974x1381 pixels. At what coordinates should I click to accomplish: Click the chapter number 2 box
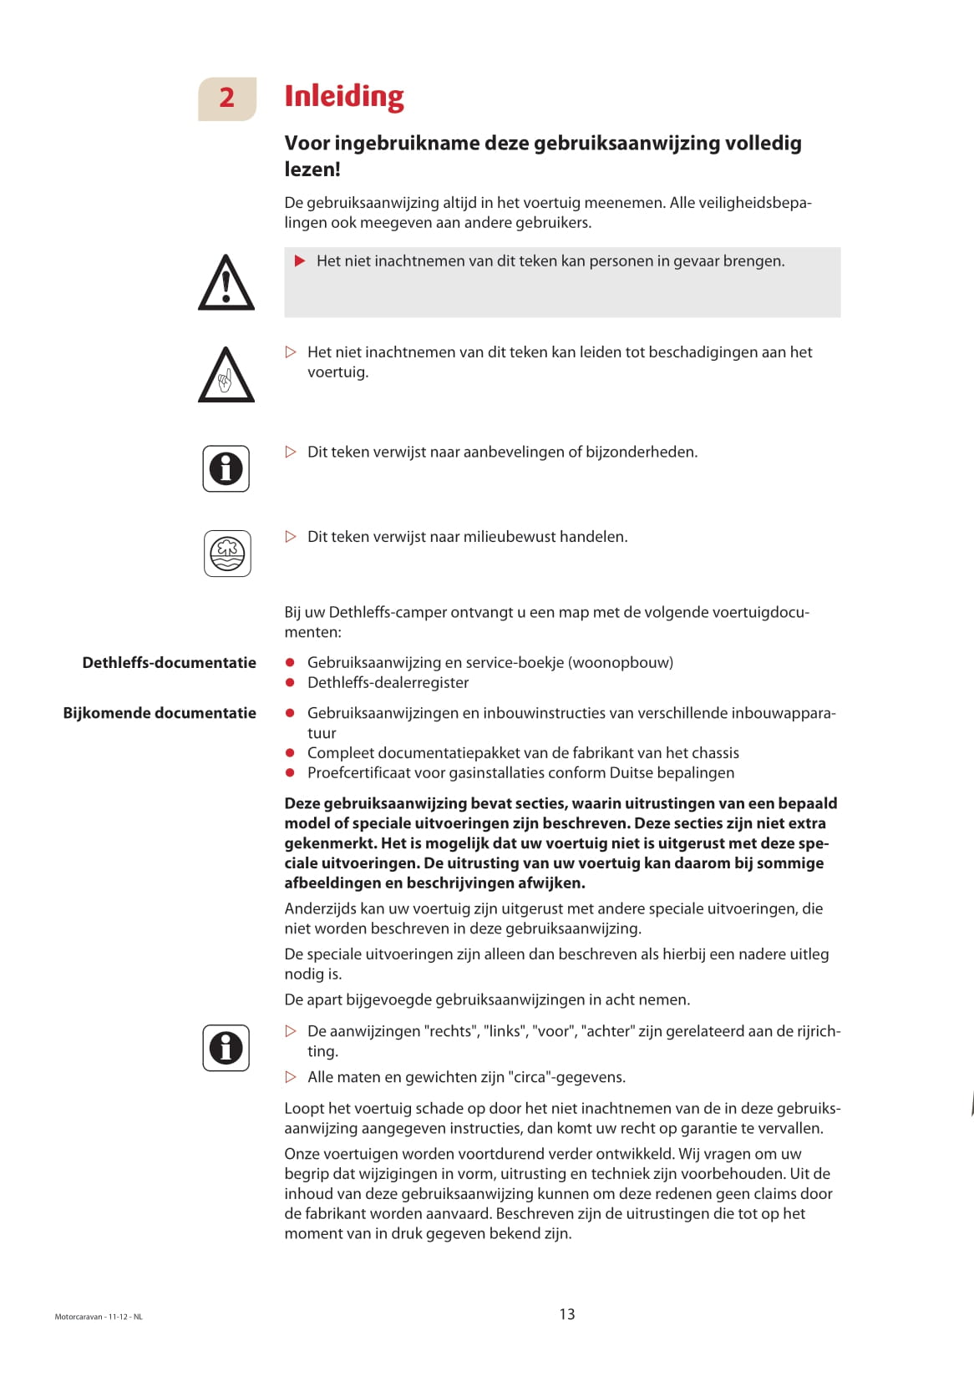coord(226,99)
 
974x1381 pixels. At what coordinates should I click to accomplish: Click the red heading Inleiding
coord(343,97)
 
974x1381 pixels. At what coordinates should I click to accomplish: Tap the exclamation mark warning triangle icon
coord(226,283)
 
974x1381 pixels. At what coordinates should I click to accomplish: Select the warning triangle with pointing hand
coord(226,376)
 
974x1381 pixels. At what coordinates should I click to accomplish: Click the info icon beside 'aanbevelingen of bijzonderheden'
coord(226,468)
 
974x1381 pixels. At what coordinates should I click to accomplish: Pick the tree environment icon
coord(227,553)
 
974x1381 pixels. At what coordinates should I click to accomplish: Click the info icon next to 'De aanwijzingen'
coord(226,1047)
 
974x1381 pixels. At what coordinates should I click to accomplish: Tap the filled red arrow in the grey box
coord(300,261)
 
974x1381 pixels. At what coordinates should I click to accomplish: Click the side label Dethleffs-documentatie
coord(169,663)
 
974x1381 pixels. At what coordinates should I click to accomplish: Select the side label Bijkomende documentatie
coord(160,713)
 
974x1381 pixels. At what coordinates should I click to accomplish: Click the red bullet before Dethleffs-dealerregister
coord(290,683)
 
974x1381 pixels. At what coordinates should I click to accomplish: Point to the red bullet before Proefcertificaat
coord(290,773)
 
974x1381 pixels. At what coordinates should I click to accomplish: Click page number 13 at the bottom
coord(567,1314)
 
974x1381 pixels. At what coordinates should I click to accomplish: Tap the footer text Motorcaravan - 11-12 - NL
coord(99,1317)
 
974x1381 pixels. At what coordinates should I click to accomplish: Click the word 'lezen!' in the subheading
coord(312,169)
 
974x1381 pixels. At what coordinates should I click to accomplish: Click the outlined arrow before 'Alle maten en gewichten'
coord(291,1077)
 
